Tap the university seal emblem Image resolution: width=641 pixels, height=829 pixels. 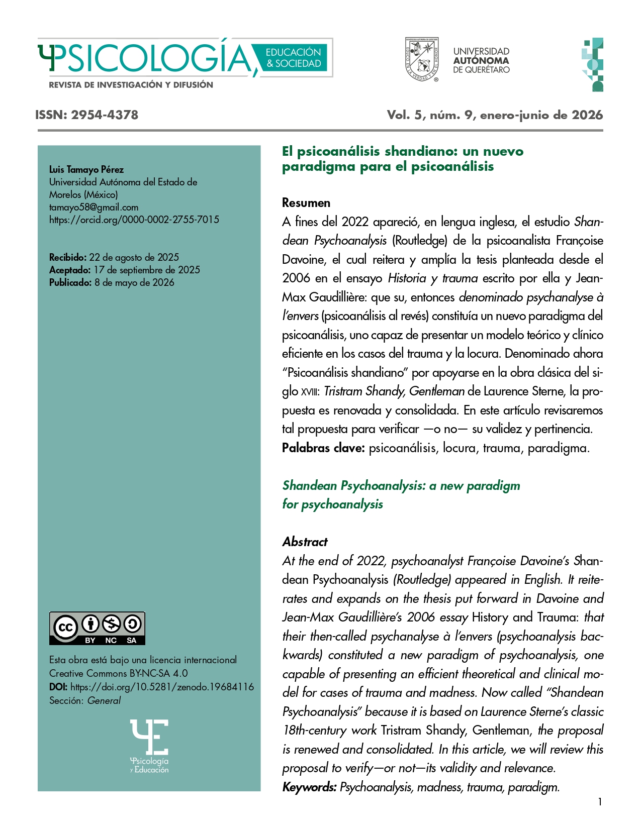(422, 60)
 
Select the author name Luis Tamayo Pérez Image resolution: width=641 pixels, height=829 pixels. (86, 169)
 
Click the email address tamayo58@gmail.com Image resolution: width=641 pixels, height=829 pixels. (94, 207)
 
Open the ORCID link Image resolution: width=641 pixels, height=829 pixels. (134, 220)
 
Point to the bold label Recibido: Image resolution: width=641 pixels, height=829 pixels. (68, 257)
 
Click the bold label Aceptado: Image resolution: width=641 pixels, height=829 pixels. (70, 270)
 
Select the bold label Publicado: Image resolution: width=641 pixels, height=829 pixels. (70, 282)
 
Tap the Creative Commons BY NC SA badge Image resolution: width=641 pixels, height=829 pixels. (97, 628)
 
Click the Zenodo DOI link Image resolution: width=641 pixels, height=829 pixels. (162, 687)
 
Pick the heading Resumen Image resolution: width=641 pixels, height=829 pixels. (306, 203)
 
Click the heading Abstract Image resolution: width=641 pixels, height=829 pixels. (305, 542)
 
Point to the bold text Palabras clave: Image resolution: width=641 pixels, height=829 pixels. (323, 448)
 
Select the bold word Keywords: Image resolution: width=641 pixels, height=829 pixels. (309, 787)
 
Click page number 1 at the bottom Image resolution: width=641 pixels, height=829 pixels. (599, 802)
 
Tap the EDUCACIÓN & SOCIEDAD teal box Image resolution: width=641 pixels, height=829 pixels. (293, 58)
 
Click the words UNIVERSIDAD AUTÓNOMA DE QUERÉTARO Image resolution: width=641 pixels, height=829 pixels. (481, 60)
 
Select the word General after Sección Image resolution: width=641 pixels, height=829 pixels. (104, 700)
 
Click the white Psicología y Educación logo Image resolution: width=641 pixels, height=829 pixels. (149, 746)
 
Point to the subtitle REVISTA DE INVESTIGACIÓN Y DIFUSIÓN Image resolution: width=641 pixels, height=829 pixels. (131, 85)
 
